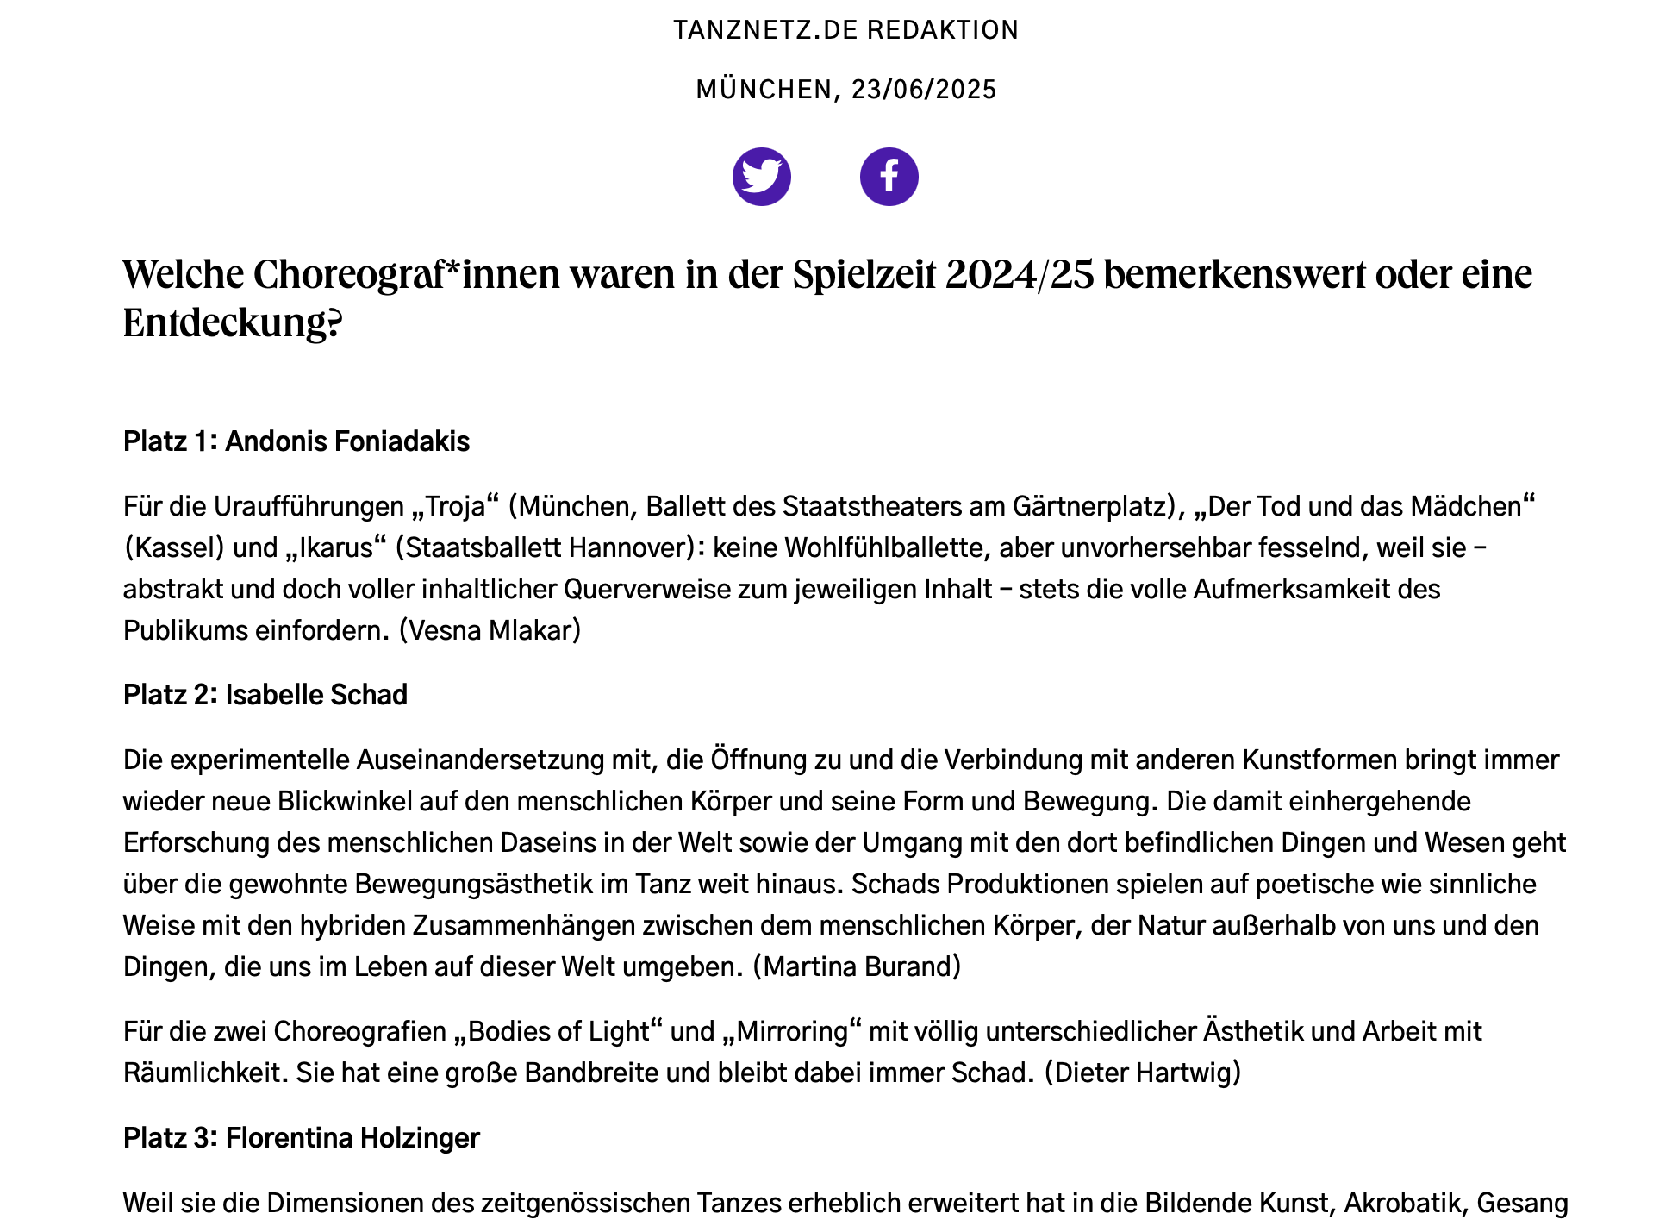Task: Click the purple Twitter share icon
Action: coord(761,177)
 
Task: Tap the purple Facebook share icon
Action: coord(889,177)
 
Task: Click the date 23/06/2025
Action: coord(924,90)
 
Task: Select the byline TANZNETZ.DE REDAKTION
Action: coord(845,30)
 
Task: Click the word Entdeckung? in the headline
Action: coord(233,323)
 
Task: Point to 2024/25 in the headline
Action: coord(1020,275)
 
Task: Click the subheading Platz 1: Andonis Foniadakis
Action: coord(296,441)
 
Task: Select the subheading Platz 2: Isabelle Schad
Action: coord(265,695)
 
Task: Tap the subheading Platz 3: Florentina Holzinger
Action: coord(302,1138)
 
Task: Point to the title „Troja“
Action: coord(456,506)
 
